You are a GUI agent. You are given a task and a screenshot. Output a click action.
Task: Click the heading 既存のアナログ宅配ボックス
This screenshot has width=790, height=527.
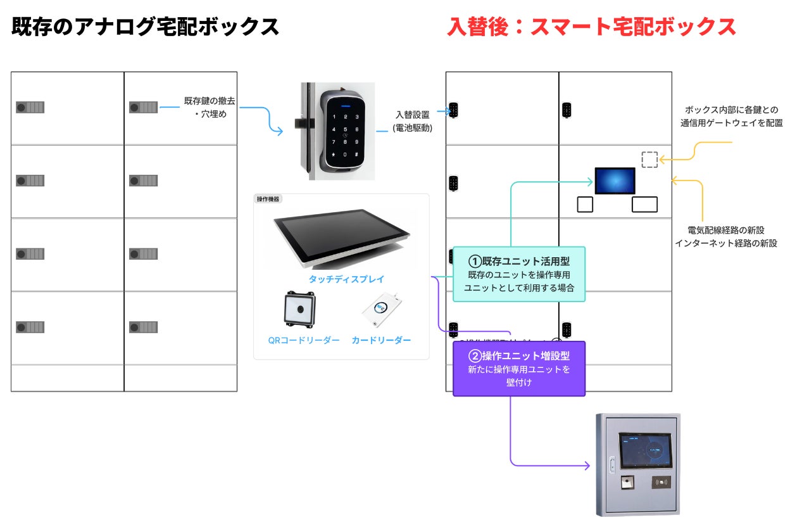[x=146, y=27]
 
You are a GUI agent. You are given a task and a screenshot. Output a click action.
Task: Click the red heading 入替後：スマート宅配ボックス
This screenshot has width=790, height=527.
[x=591, y=27]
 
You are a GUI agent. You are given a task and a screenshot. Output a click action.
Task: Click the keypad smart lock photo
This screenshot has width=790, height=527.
[x=342, y=131]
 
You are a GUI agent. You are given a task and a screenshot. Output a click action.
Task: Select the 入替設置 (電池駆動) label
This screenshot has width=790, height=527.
[x=412, y=121]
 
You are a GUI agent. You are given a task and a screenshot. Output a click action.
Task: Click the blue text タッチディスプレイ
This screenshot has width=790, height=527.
[x=346, y=279]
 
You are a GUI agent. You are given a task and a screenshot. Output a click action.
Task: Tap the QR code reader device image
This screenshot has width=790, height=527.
[x=299, y=310]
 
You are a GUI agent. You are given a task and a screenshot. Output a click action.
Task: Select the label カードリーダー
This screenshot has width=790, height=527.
[x=381, y=340]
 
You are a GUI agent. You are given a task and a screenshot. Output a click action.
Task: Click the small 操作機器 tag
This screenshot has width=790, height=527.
[x=268, y=199]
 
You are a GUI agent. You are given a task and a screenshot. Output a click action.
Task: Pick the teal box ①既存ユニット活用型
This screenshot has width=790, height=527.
[x=519, y=274]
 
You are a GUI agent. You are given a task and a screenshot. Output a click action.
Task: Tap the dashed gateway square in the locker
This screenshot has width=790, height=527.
[x=649, y=160]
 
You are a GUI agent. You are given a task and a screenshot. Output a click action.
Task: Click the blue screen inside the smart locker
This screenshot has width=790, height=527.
[x=615, y=181]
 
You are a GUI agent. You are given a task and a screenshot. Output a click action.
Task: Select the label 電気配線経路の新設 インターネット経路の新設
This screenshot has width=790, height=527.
[x=726, y=236]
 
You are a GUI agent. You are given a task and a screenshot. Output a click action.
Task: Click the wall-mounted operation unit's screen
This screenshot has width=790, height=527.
[x=644, y=450]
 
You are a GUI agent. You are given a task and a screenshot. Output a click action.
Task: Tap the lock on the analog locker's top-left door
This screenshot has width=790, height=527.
[x=30, y=107]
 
